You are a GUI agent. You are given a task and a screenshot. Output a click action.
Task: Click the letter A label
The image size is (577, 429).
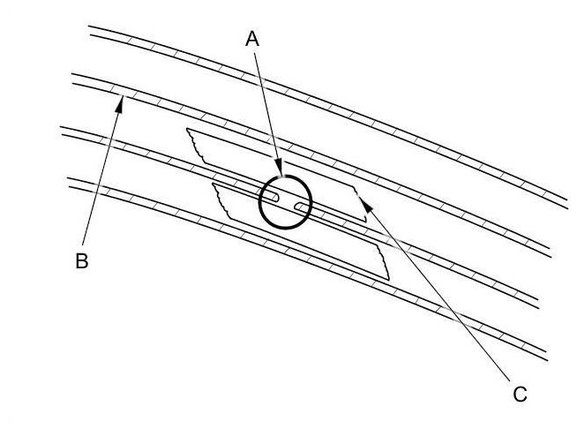[x=252, y=38]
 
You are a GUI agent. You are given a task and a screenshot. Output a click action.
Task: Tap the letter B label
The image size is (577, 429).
[x=81, y=262]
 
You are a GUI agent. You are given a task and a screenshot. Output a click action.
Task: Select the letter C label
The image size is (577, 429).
[x=520, y=394]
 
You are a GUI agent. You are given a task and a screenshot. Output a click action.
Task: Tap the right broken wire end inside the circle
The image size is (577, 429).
[x=299, y=207]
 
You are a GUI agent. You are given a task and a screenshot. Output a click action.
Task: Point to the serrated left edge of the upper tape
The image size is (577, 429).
[x=195, y=147]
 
